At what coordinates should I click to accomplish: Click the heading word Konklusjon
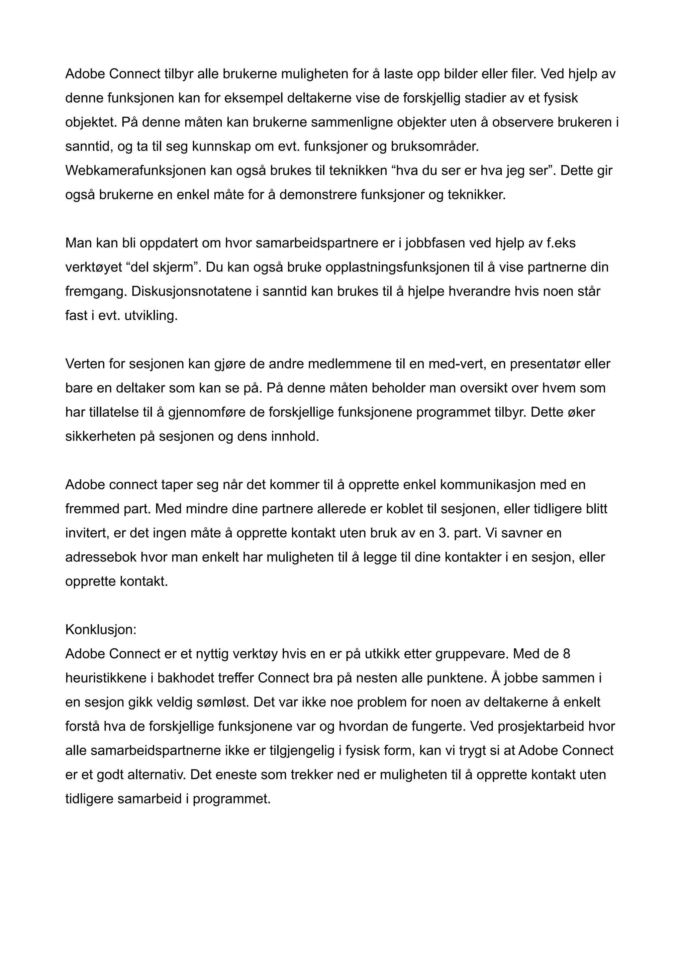tap(100, 630)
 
